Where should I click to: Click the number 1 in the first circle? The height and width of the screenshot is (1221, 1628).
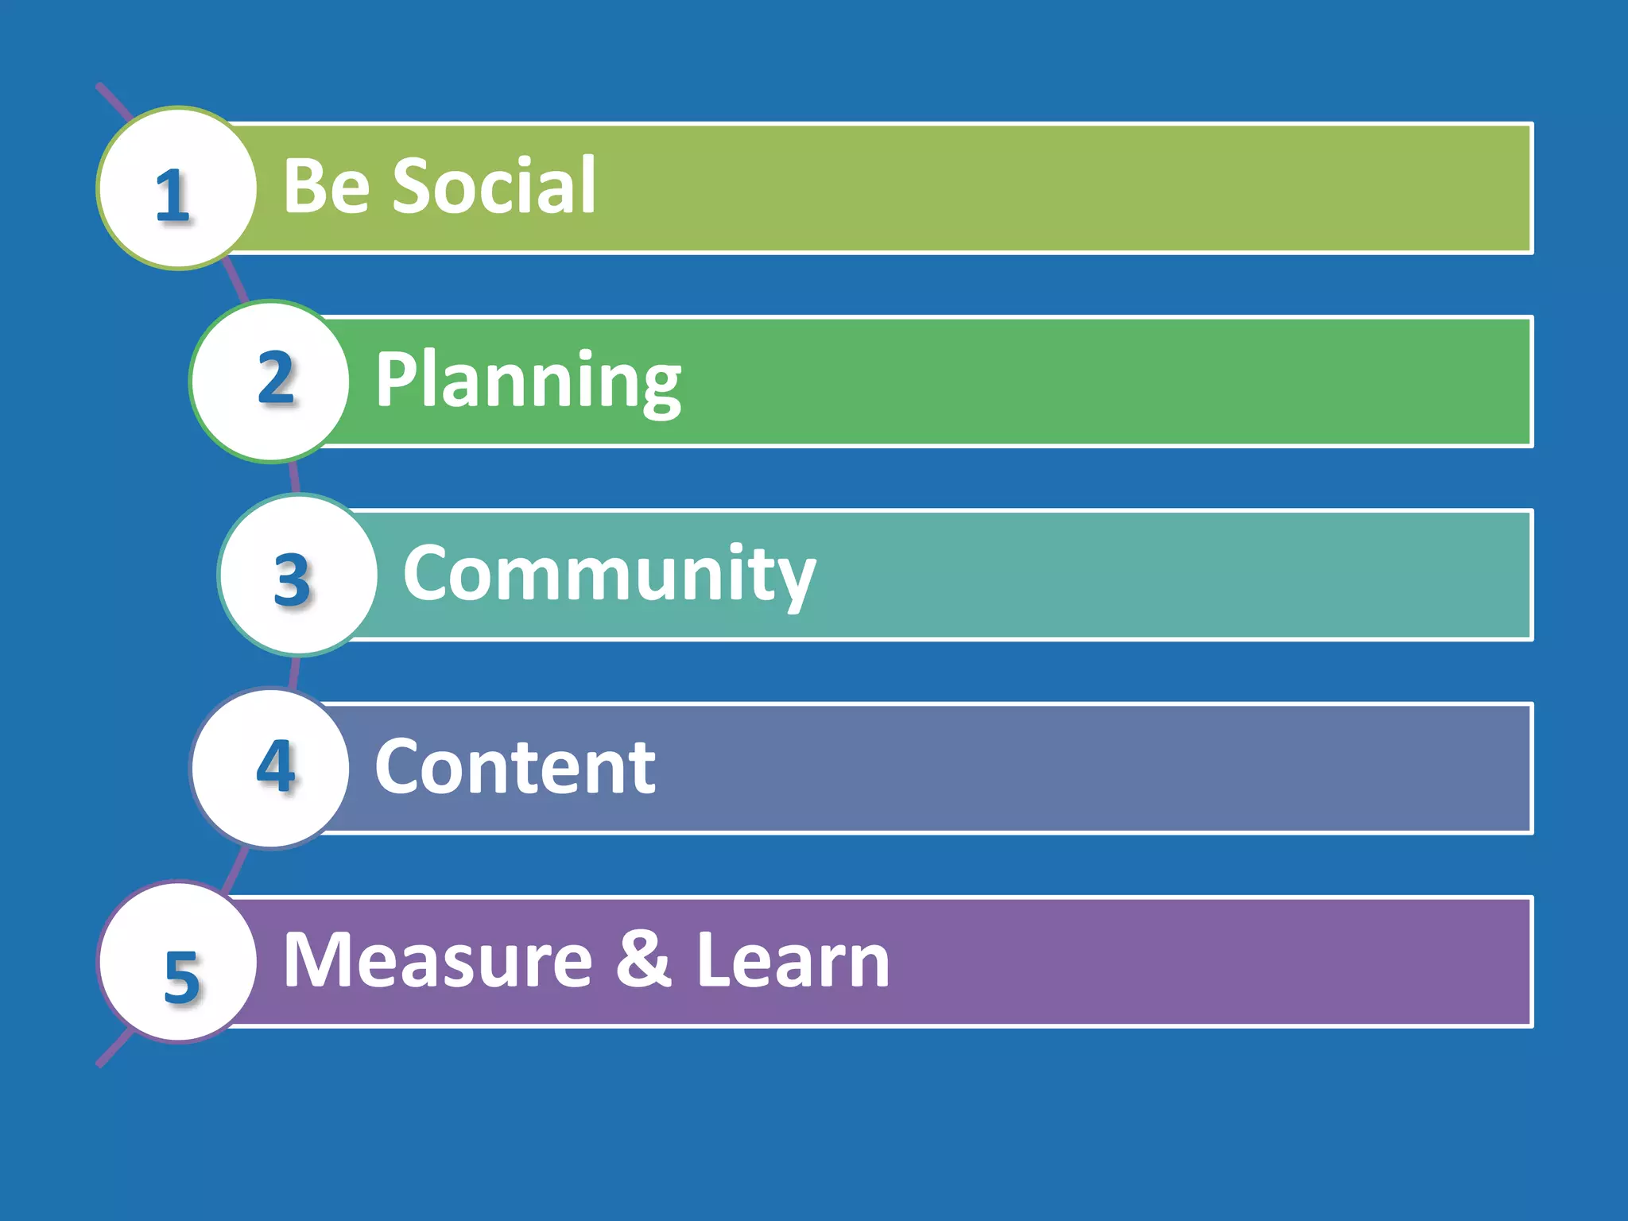click(172, 195)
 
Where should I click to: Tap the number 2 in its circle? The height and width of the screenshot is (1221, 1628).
click(276, 378)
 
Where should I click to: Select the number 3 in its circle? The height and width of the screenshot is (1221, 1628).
click(292, 579)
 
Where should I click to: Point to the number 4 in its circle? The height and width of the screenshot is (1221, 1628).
click(276, 766)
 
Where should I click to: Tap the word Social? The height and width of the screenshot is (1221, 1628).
click(494, 186)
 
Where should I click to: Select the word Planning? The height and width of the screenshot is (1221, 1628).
click(528, 382)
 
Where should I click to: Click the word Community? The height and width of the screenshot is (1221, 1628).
click(609, 575)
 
